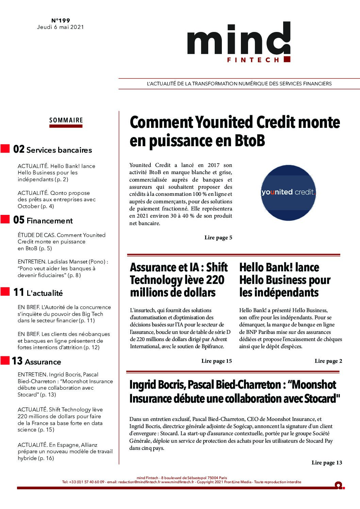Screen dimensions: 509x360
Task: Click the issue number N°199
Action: click(60, 21)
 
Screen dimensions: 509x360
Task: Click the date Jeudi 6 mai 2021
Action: click(60, 27)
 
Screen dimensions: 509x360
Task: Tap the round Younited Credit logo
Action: click(288, 192)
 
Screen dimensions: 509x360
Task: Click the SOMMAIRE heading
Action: click(66, 120)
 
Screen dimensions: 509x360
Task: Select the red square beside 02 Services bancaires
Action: click(5, 149)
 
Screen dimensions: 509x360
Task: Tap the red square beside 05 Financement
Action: click(5, 219)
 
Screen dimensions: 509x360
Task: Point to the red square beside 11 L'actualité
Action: click(5, 291)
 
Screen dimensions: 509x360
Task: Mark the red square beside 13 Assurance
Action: click(5, 360)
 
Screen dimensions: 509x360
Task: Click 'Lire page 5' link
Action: click(218, 238)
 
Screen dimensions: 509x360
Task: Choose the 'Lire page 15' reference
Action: click(216, 361)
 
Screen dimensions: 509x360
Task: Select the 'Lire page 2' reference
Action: click(328, 361)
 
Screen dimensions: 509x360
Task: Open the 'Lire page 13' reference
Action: click(327, 462)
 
